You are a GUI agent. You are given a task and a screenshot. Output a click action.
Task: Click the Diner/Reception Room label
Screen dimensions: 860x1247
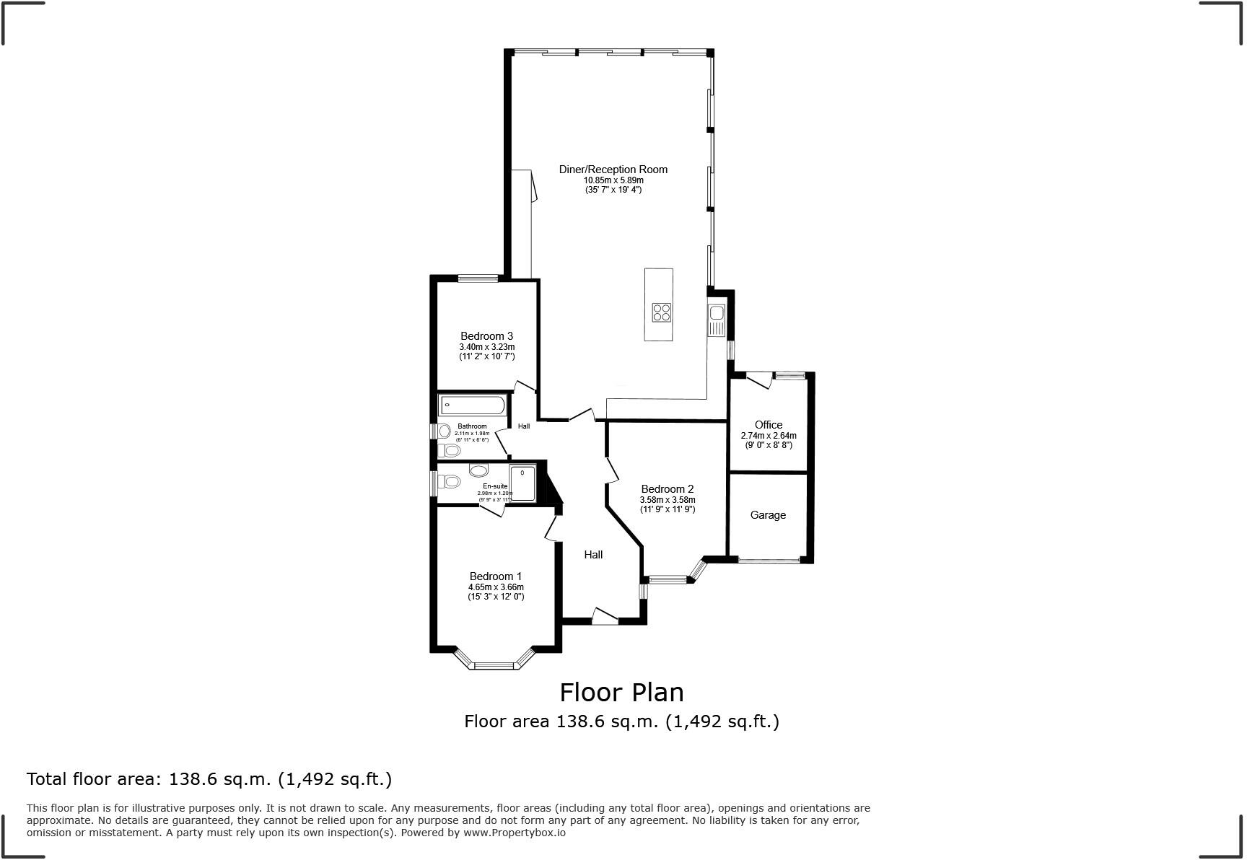coord(613,170)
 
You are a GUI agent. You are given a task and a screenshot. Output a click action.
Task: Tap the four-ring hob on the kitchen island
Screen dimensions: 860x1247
coord(662,312)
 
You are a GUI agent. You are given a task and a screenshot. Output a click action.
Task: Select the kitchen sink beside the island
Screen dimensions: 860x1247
coord(717,320)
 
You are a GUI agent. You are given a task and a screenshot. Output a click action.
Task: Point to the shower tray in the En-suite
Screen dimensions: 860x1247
coord(522,483)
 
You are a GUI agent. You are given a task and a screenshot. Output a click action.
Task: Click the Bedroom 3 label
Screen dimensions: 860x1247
coord(486,336)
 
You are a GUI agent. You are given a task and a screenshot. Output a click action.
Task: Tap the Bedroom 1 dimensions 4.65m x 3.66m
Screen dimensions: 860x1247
coord(496,587)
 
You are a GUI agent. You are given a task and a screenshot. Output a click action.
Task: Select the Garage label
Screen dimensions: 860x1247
coord(768,515)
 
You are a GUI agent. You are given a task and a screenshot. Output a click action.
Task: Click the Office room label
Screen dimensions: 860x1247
coord(769,425)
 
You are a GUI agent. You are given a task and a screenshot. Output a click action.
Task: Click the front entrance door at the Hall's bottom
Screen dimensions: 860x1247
coord(605,616)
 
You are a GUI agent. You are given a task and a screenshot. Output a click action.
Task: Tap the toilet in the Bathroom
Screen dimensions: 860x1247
coord(450,451)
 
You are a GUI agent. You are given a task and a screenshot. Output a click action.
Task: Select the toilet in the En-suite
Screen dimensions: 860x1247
coord(451,481)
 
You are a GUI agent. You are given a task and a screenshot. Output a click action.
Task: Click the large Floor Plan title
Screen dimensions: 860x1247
coord(621,693)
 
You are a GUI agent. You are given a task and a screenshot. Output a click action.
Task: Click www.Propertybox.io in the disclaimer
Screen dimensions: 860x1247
coord(514,833)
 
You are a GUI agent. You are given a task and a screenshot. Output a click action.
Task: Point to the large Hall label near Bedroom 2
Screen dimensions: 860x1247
coord(593,555)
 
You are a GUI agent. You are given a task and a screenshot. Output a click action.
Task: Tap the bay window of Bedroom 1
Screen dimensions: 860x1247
coord(495,663)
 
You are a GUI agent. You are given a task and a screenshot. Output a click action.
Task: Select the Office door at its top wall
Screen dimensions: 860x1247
coord(760,379)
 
